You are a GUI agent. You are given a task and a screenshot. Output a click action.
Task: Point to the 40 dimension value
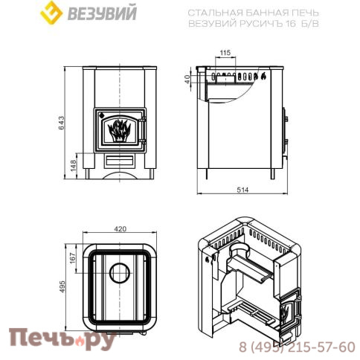(x=187, y=77)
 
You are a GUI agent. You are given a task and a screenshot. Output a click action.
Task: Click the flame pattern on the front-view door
(x=119, y=131)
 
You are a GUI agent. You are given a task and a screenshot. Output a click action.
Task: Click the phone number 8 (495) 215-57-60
(x=298, y=347)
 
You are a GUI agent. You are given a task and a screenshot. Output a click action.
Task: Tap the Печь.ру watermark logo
(x=62, y=341)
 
